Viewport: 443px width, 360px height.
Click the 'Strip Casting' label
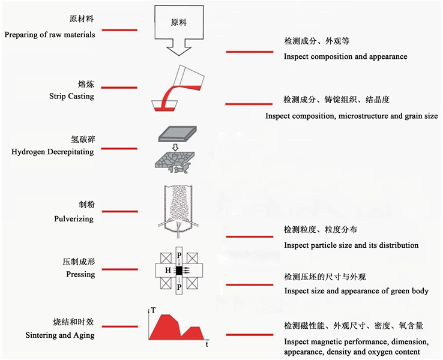click(x=71, y=96)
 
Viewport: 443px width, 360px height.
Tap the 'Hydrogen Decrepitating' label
click(x=53, y=152)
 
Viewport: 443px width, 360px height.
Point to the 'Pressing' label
click(x=80, y=274)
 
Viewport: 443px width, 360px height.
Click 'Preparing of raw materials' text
click(x=50, y=35)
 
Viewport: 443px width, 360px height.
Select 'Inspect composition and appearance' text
click(x=345, y=56)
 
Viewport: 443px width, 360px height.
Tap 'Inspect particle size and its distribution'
click(x=351, y=245)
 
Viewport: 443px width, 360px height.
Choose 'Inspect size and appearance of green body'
click(x=356, y=291)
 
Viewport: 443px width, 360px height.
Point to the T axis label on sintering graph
click(x=154, y=310)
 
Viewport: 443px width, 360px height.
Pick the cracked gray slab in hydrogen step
click(x=175, y=160)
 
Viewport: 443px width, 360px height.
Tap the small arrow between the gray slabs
click(x=175, y=146)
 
